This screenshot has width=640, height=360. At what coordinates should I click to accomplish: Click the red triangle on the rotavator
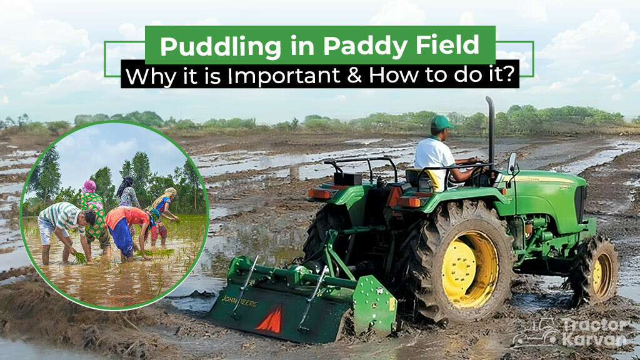269,320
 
